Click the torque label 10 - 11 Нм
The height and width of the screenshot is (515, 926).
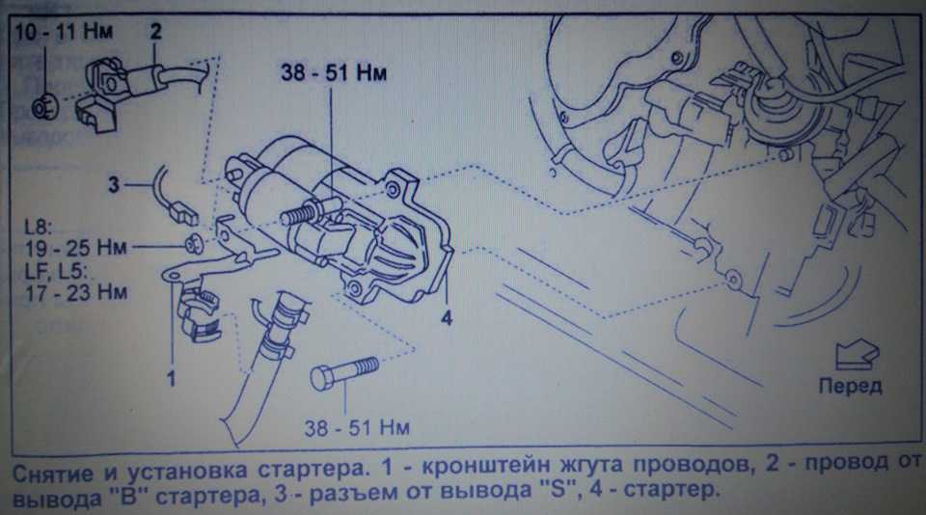click(63, 31)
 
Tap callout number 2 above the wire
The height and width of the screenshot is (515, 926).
click(155, 31)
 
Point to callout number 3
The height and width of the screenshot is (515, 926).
click(113, 182)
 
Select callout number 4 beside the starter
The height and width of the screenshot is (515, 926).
click(448, 316)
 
